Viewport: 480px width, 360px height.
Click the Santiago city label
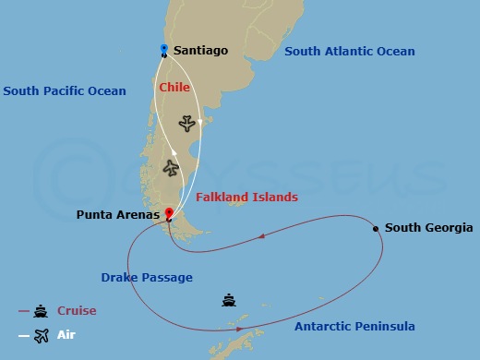[x=201, y=51]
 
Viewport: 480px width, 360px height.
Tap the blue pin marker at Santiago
[x=163, y=49]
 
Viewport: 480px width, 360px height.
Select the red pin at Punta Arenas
[x=169, y=213]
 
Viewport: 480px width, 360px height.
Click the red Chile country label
[x=174, y=88]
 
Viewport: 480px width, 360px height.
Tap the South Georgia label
[x=428, y=228]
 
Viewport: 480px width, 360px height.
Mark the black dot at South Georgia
[x=376, y=228]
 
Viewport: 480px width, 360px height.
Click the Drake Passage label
[x=146, y=277]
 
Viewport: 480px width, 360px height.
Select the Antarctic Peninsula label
[x=354, y=327]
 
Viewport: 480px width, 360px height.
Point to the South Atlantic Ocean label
[x=350, y=52]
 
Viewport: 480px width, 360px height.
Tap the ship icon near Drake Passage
[x=229, y=300]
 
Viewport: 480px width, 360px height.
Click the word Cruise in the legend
[x=77, y=311]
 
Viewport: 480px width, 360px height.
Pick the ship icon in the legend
[x=41, y=311]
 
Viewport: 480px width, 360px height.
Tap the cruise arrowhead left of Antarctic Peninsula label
[x=240, y=329]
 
